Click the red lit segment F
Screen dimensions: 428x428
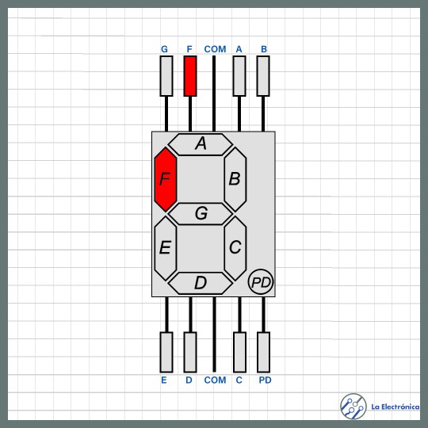tap(166, 179)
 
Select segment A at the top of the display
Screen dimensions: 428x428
tap(201, 144)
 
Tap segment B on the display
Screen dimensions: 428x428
tap(235, 179)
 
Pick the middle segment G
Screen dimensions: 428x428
tap(201, 214)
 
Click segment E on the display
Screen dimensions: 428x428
tap(166, 248)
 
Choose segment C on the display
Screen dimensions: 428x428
tap(235, 248)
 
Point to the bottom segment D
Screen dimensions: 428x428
tap(201, 283)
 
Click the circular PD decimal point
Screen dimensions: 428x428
tap(261, 281)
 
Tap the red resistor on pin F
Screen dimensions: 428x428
tap(190, 76)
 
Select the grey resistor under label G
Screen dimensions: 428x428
tap(166, 76)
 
